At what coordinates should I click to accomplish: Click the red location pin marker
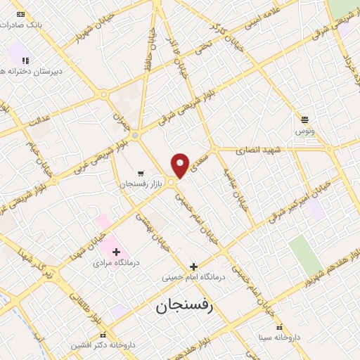(x=181, y=165)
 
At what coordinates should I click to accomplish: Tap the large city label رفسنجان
(x=184, y=307)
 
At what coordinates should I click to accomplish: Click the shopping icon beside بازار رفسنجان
(x=141, y=172)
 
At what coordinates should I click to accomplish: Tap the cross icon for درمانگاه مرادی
(x=116, y=252)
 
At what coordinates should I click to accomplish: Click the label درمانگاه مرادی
(x=112, y=264)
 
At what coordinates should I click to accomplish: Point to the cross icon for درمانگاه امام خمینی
(x=194, y=266)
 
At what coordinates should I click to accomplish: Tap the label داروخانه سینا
(x=278, y=337)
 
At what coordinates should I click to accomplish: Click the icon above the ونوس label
(x=304, y=120)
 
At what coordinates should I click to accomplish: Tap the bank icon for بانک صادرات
(x=20, y=14)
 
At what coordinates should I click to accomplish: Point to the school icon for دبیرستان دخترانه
(x=26, y=60)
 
